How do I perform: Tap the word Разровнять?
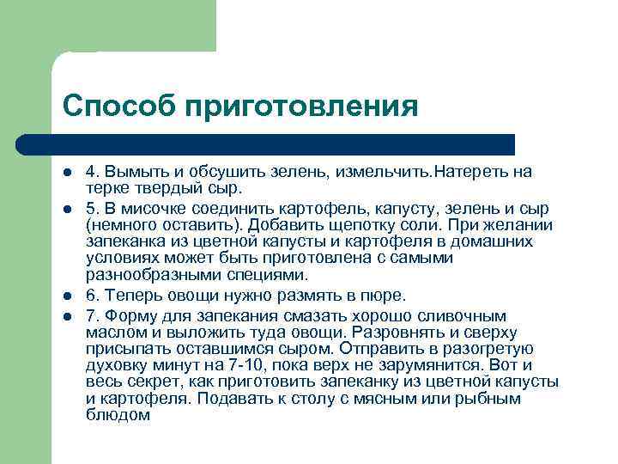408,333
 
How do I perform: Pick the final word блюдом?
118,414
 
